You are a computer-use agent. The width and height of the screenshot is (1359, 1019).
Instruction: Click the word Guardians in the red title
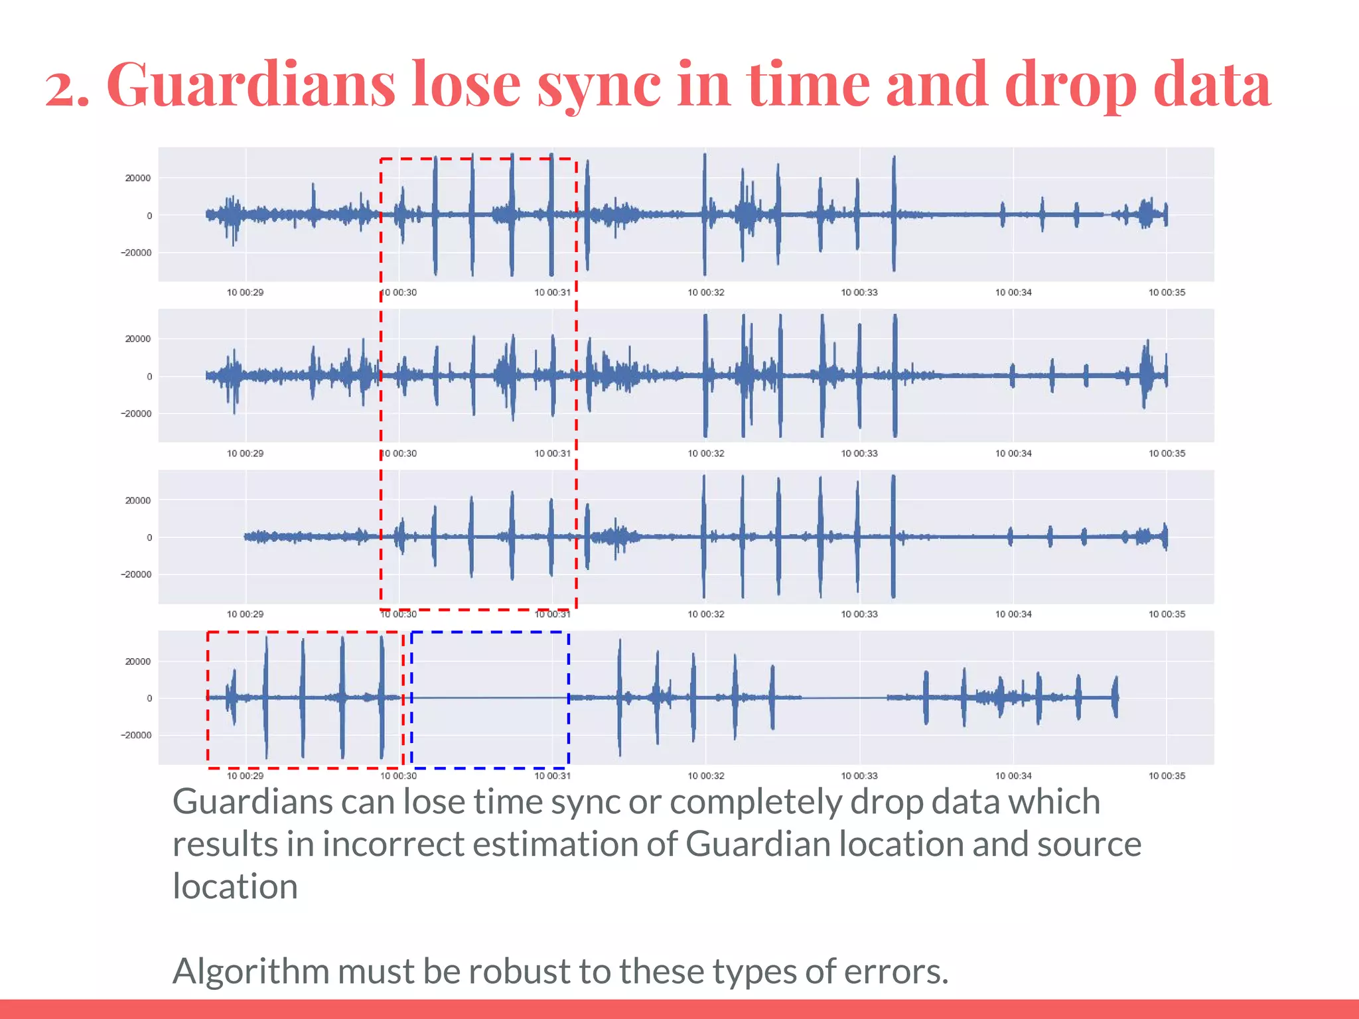coord(250,84)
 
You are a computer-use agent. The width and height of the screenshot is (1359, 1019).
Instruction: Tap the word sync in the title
coord(599,84)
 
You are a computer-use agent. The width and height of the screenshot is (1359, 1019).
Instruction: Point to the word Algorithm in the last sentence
coord(250,971)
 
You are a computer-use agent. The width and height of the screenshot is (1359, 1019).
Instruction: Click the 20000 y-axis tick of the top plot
coord(138,178)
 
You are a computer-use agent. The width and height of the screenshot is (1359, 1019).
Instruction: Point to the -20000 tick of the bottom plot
coord(135,735)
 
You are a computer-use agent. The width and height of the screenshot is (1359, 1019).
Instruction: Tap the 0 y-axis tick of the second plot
coord(149,376)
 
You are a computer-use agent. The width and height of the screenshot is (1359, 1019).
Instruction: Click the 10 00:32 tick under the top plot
coord(706,293)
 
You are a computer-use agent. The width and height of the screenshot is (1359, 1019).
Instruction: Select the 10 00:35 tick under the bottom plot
coord(1167,776)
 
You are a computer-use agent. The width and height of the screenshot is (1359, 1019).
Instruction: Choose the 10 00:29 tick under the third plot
coord(245,614)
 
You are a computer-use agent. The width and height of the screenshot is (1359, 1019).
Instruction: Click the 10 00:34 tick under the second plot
coord(1013,454)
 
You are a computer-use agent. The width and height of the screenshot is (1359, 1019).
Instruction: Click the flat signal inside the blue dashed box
coord(490,698)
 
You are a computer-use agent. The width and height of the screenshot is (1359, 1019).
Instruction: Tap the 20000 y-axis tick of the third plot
coord(138,500)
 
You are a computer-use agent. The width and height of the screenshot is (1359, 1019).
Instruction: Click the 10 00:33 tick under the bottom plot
coord(859,776)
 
